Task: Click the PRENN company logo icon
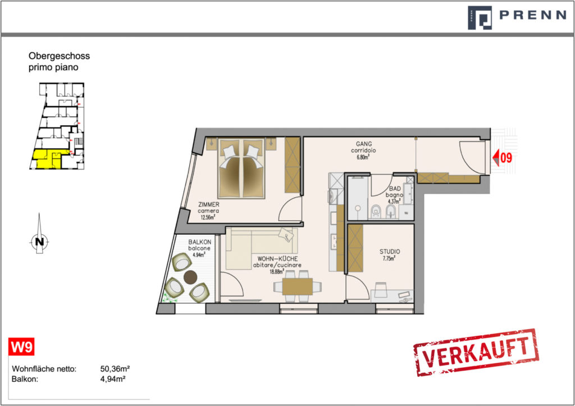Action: (480, 17)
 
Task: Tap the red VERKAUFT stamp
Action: (476, 353)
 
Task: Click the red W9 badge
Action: (21, 346)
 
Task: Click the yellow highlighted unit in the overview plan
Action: (48, 159)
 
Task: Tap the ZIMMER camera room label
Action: (208, 208)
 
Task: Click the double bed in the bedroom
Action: (241, 168)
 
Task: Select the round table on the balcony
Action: (190, 277)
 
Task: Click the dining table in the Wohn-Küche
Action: (298, 286)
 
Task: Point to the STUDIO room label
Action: (390, 252)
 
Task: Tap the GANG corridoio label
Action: (363, 147)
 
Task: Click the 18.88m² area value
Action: (277, 272)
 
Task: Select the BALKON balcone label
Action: (199, 245)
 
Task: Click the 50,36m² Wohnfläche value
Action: (115, 368)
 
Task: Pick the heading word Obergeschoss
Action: (59, 56)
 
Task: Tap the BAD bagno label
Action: (395, 192)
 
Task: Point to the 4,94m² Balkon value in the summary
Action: (113, 379)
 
